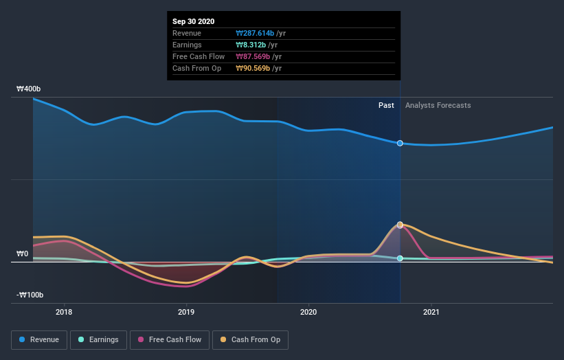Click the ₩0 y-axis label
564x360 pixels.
[23, 254]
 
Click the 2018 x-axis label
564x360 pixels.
[64, 313]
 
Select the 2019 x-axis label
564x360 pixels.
[186, 313]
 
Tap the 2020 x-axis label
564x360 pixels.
[308, 313]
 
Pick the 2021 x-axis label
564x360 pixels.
[431, 313]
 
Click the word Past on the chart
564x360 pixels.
[386, 105]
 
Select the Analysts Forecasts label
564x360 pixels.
[438, 105]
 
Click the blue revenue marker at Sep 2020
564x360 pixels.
[400, 143]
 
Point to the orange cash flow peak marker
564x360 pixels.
[400, 225]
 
